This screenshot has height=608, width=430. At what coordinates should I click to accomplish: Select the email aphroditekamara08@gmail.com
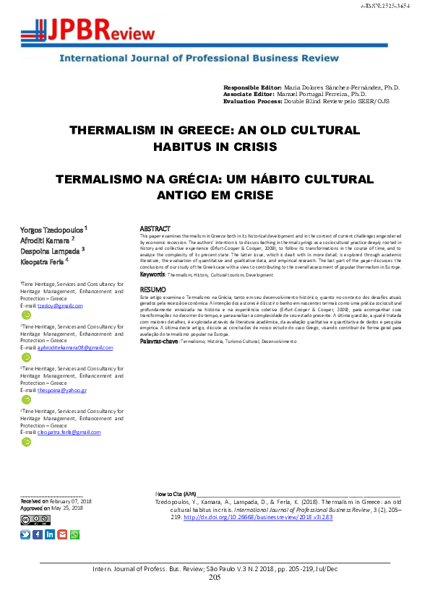point(75,347)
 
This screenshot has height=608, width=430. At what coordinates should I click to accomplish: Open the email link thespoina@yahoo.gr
point(62,390)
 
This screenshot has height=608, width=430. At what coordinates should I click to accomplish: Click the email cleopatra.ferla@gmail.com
point(69,432)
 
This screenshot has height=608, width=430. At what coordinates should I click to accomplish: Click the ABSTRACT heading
point(154,227)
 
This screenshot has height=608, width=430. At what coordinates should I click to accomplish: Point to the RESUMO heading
point(152,289)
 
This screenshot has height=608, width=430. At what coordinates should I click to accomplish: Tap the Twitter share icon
point(25,534)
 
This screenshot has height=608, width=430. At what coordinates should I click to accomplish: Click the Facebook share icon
point(38,534)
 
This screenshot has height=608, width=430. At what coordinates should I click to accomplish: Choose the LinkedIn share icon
point(50,534)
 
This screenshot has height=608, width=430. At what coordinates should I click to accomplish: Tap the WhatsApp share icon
point(74,534)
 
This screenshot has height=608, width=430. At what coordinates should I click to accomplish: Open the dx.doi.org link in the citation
point(229,517)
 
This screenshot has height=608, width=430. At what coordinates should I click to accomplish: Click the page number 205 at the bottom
point(215,578)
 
